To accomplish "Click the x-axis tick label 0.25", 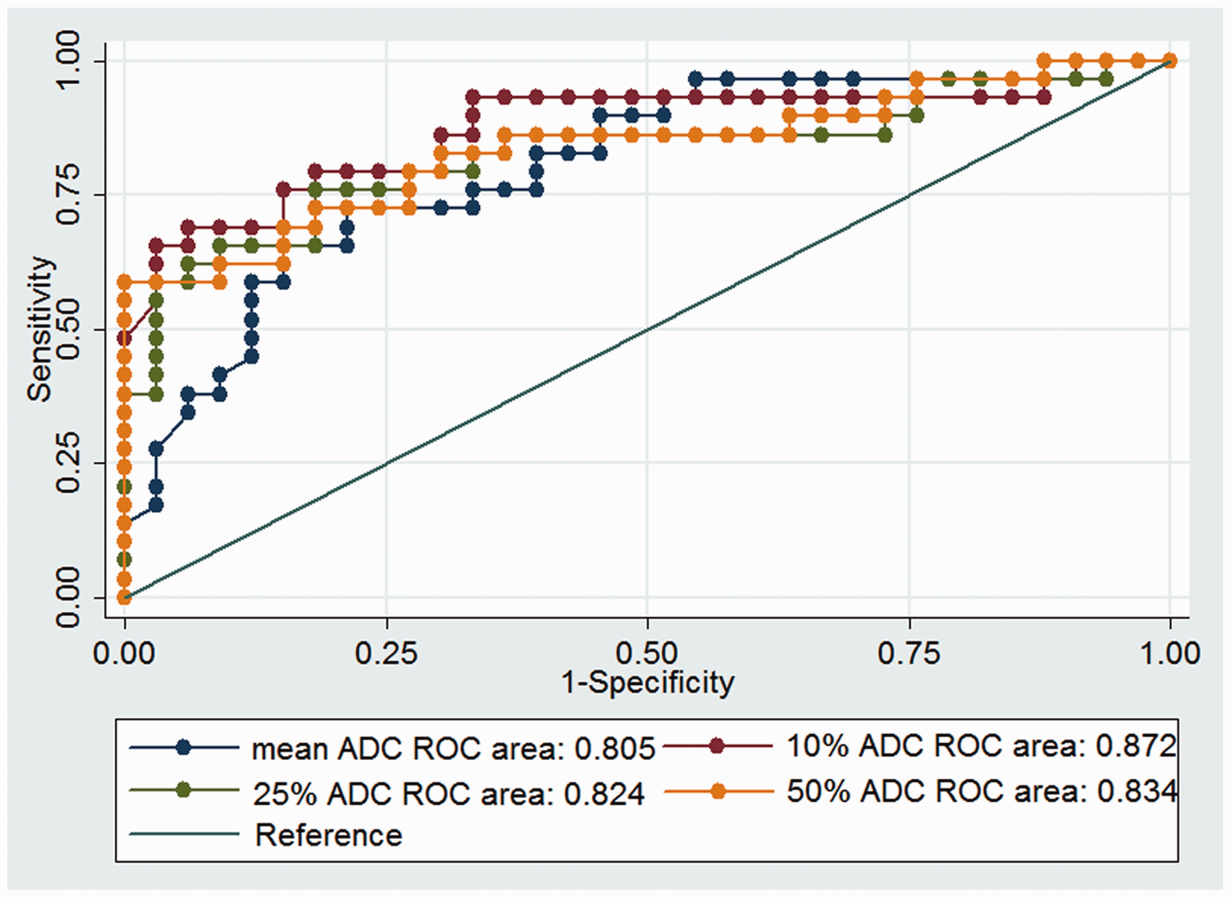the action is pos(387,654).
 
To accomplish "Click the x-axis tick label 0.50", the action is pos(648,654).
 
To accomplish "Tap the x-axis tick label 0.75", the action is pos(909,654).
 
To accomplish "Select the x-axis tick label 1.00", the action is pos(1169,654).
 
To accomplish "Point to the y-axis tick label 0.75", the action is pos(67,195).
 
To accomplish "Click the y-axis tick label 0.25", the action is pos(67,463).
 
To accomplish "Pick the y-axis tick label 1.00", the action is pos(67,60).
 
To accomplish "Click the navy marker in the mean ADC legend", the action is pos(184,747).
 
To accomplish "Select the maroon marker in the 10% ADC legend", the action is pos(717,746).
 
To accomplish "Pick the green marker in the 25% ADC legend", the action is pos(184,791).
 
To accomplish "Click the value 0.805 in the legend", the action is pos(615,749).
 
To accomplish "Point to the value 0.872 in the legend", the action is pos(1136,746).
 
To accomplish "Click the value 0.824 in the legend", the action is pos(605,793).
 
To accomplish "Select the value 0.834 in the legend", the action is pos(1136,791).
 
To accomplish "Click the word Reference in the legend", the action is pos(329,835).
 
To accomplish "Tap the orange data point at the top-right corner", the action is pos(1170,60).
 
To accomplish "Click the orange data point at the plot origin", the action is pos(125,597).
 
